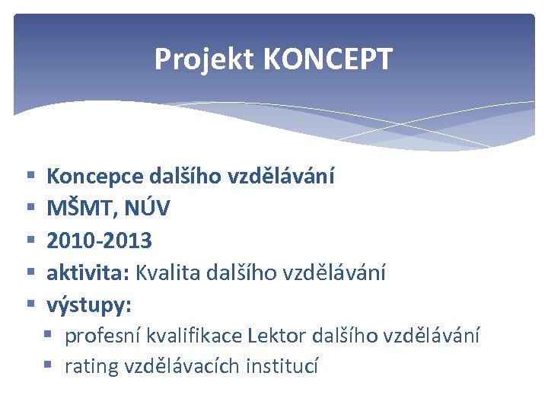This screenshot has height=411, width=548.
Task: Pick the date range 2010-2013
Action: [99, 241]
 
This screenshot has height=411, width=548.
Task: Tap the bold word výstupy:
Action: [89, 305]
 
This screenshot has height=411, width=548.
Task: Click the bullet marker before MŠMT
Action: [31, 209]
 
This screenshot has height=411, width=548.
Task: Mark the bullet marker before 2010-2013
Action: [31, 241]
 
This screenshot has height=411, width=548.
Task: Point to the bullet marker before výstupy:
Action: [31, 304]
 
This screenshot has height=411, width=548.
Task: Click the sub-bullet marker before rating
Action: [49, 366]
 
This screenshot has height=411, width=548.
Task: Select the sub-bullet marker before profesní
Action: [49, 335]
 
